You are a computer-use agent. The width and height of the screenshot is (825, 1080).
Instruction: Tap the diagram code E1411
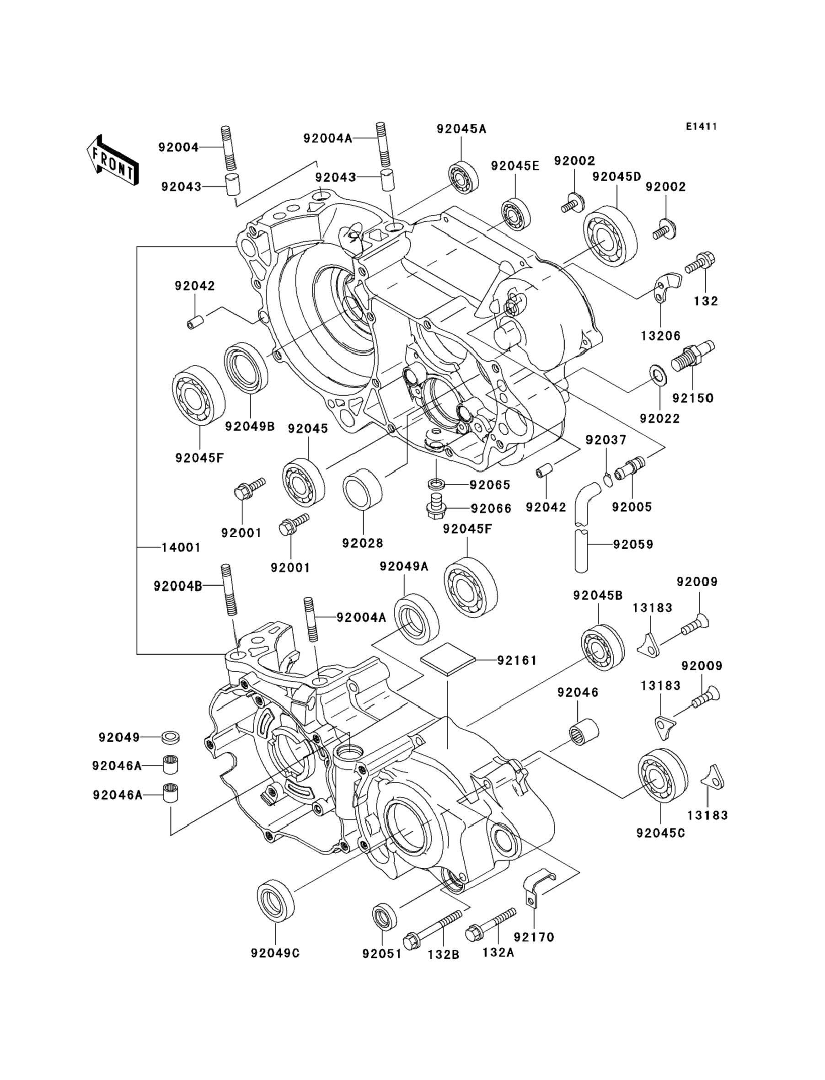click(x=701, y=127)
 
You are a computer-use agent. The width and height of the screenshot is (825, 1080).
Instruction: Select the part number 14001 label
click(x=181, y=547)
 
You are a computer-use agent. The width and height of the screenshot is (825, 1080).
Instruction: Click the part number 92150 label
click(x=693, y=398)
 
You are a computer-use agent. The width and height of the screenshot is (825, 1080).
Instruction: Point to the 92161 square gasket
click(x=448, y=661)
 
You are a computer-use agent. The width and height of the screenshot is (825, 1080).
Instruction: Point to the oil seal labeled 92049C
click(x=275, y=900)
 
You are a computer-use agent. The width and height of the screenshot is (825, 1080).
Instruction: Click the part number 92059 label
click(x=633, y=545)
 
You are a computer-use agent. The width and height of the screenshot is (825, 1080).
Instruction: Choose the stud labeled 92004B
click(x=230, y=589)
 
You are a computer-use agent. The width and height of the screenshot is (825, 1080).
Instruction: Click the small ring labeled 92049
click(x=171, y=737)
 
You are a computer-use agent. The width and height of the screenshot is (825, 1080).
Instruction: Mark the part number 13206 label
click(x=660, y=336)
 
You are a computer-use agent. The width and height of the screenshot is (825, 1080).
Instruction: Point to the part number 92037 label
click(x=606, y=440)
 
